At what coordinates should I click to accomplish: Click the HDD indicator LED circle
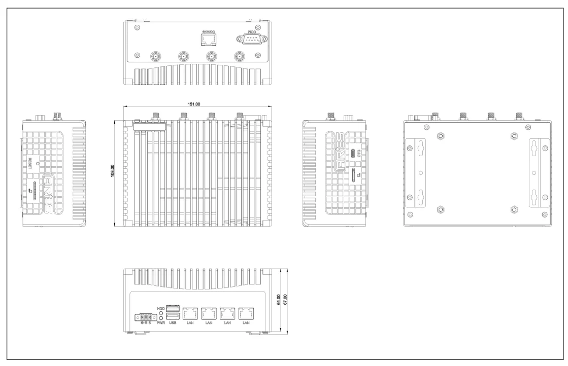pos(161,314)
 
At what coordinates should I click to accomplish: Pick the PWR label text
pos(161,323)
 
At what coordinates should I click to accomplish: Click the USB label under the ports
pos(173,323)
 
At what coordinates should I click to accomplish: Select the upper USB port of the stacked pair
pos(173,308)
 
